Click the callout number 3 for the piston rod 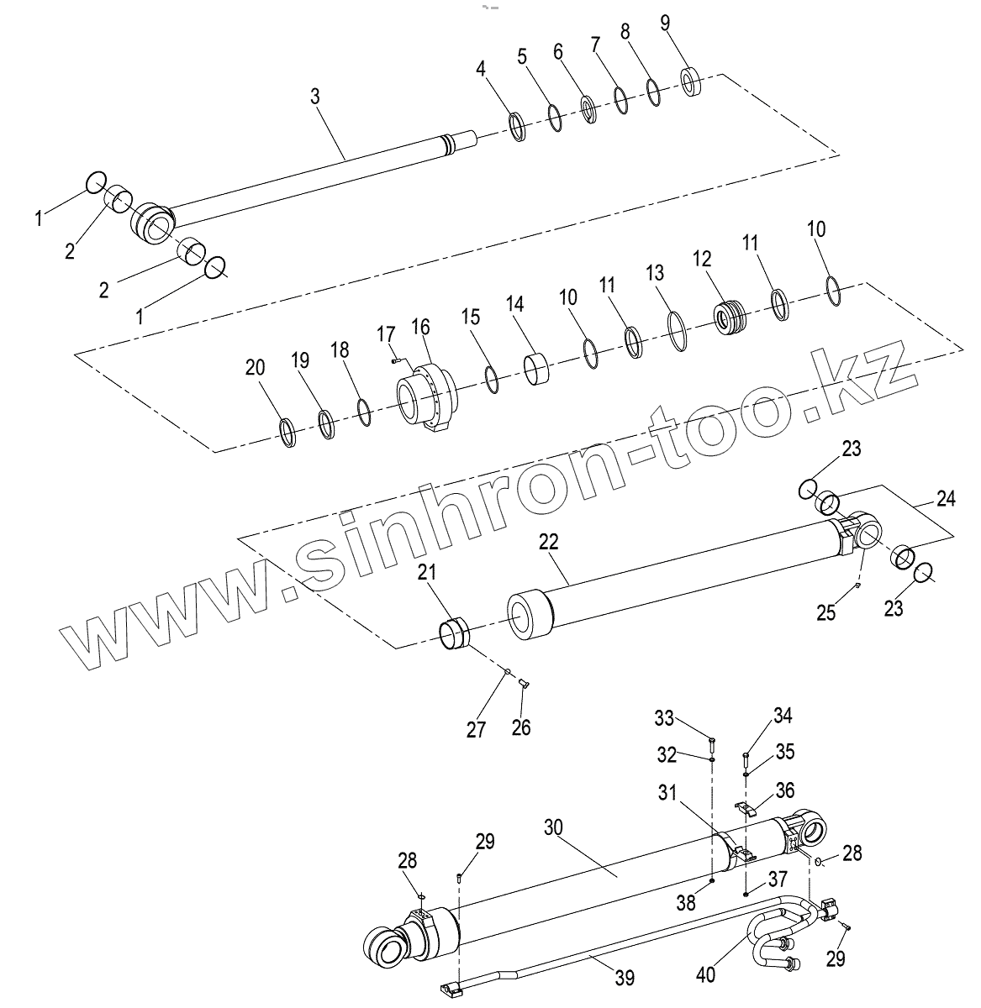(x=315, y=97)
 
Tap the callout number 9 (x=665, y=23)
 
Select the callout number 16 (x=420, y=326)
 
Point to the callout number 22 (x=548, y=543)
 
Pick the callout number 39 (x=624, y=977)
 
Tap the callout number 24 (x=946, y=498)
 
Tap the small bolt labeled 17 (x=396, y=360)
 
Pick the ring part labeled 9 (x=692, y=81)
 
